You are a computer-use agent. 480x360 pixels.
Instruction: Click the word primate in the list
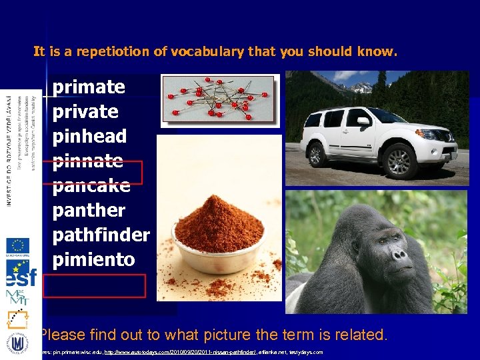(89, 87)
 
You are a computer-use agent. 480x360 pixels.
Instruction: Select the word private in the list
(85, 111)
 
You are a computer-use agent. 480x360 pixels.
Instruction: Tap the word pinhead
(89, 136)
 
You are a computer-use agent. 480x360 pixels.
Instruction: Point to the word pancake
(91, 185)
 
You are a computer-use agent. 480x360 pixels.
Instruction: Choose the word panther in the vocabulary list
(89, 210)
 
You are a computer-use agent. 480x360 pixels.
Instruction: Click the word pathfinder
(101, 235)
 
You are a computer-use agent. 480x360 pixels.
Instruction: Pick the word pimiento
(93, 259)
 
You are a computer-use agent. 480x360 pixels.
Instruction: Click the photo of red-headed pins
(218, 99)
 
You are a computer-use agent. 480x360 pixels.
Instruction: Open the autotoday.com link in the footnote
(177, 351)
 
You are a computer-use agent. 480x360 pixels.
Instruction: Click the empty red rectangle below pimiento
(94, 287)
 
